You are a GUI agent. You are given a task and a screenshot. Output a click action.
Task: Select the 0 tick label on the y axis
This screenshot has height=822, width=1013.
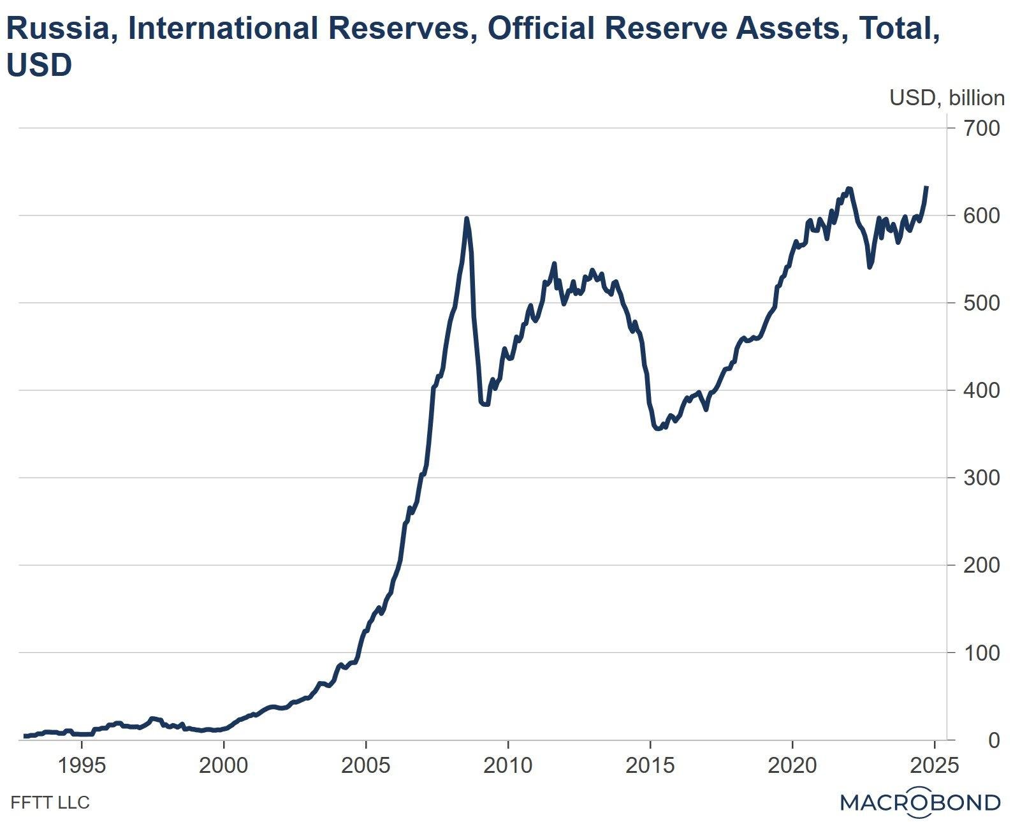pyautogui.click(x=994, y=740)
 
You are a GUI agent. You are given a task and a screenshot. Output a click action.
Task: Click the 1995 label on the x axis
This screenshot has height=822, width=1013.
pyautogui.click(x=82, y=765)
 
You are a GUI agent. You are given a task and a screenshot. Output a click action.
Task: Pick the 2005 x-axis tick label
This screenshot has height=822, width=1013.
pyautogui.click(x=366, y=765)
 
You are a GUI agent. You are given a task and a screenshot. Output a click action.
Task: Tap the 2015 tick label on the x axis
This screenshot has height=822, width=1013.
pyautogui.click(x=650, y=765)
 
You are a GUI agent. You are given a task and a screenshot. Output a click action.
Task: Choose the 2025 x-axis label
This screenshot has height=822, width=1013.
pyautogui.click(x=934, y=765)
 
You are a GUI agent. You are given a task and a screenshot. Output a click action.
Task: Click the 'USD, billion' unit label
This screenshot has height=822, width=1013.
pyautogui.click(x=947, y=98)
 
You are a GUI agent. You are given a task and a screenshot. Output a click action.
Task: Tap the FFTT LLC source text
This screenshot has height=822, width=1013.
pyautogui.click(x=50, y=802)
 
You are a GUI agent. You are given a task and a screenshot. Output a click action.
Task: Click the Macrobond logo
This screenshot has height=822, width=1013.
pyautogui.click(x=920, y=802)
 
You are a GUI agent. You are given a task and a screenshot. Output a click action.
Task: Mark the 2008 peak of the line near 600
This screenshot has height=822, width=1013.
pyautogui.click(x=467, y=219)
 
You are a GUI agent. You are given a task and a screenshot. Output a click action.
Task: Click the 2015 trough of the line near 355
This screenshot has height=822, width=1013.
pyautogui.click(x=657, y=429)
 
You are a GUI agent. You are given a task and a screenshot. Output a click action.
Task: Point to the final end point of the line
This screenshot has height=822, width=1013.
pyautogui.click(x=927, y=187)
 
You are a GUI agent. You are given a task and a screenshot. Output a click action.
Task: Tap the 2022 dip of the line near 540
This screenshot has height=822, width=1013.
pyautogui.click(x=870, y=267)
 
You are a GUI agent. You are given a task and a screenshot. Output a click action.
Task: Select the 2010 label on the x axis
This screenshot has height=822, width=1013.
pyautogui.click(x=508, y=765)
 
